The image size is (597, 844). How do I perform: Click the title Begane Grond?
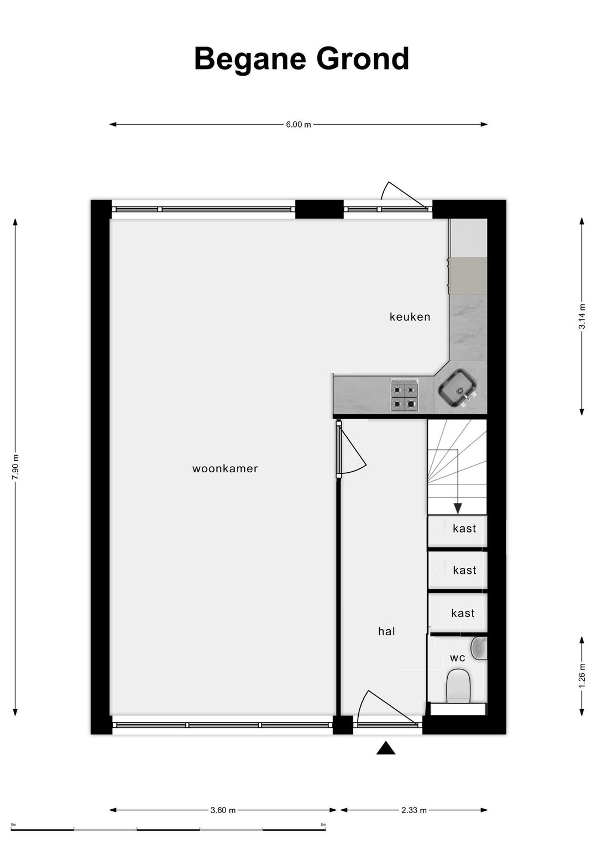tap(301, 60)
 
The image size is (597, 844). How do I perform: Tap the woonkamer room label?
tap(225, 469)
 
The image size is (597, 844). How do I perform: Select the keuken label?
tap(410, 317)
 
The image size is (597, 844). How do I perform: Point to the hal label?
tap(386, 631)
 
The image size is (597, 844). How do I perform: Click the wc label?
tap(458, 658)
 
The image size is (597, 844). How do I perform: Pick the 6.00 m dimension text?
tap(298, 125)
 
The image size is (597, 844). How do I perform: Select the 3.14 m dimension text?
tap(582, 317)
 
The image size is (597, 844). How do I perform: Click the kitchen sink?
tap(458, 388)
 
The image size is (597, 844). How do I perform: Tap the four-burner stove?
tap(405, 395)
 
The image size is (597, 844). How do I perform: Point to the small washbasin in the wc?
tap(479, 648)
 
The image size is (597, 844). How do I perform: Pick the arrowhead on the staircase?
tap(458, 509)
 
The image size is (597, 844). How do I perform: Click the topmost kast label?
tap(464, 529)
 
